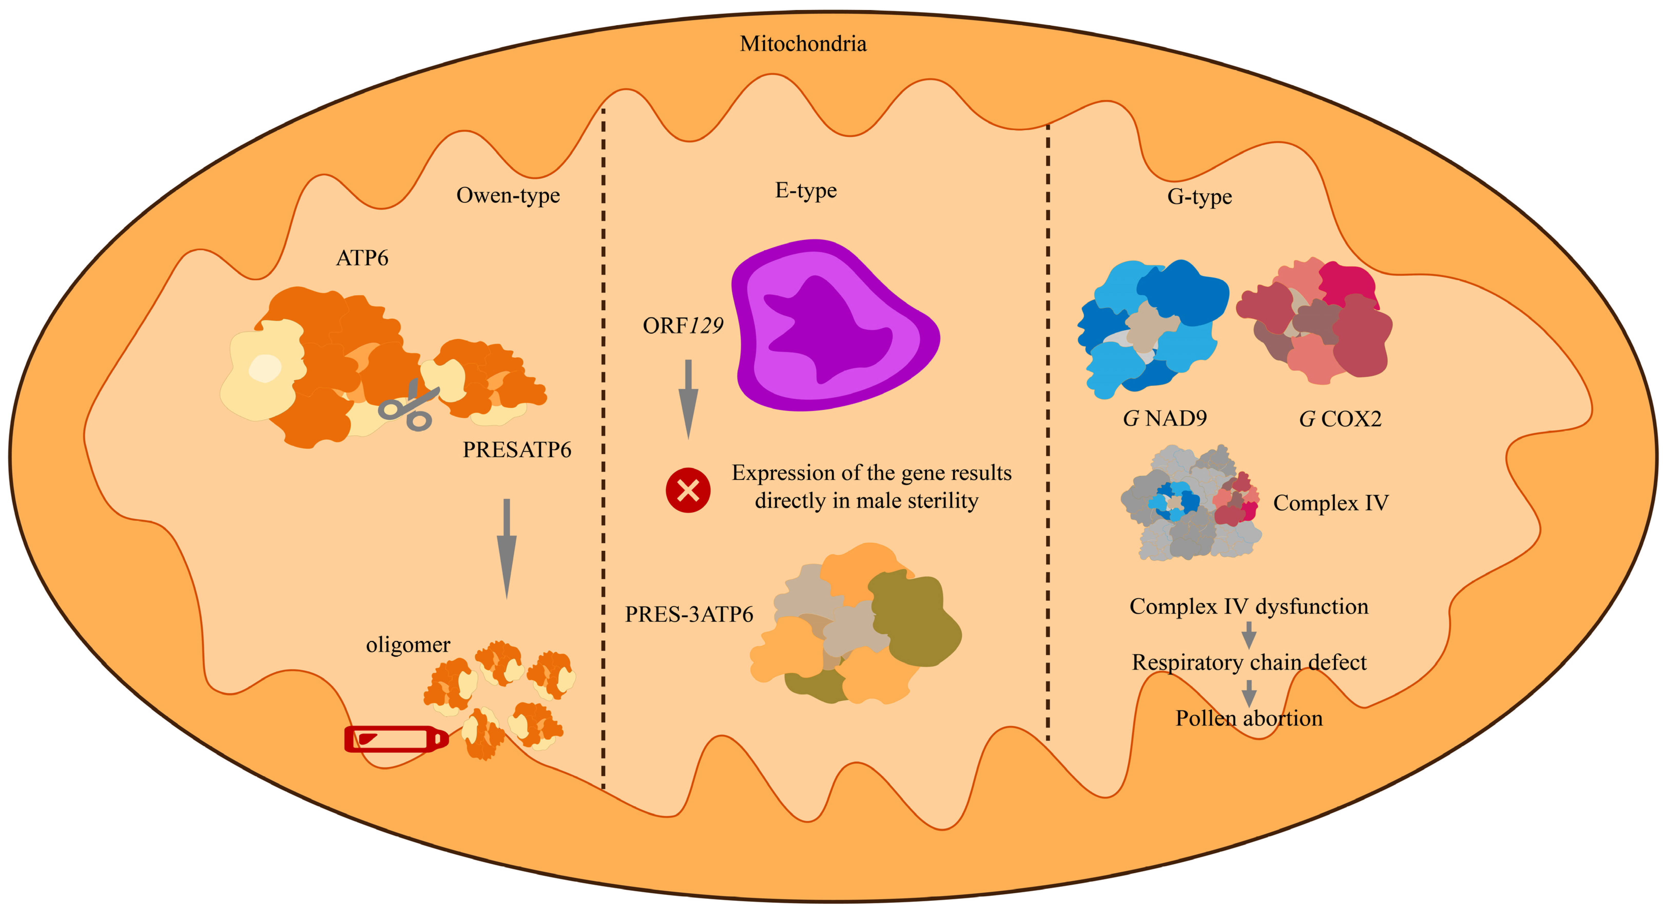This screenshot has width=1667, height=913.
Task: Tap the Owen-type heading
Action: pyautogui.click(x=508, y=195)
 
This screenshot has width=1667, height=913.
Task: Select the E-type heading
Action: pyautogui.click(x=806, y=190)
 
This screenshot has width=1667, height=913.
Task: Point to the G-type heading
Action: pyautogui.click(x=1199, y=197)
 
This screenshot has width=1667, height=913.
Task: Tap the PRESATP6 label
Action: pyautogui.click(x=516, y=450)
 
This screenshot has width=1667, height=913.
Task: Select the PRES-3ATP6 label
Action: pyautogui.click(x=689, y=614)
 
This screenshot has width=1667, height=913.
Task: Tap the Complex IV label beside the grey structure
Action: pyautogui.click(x=1331, y=503)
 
